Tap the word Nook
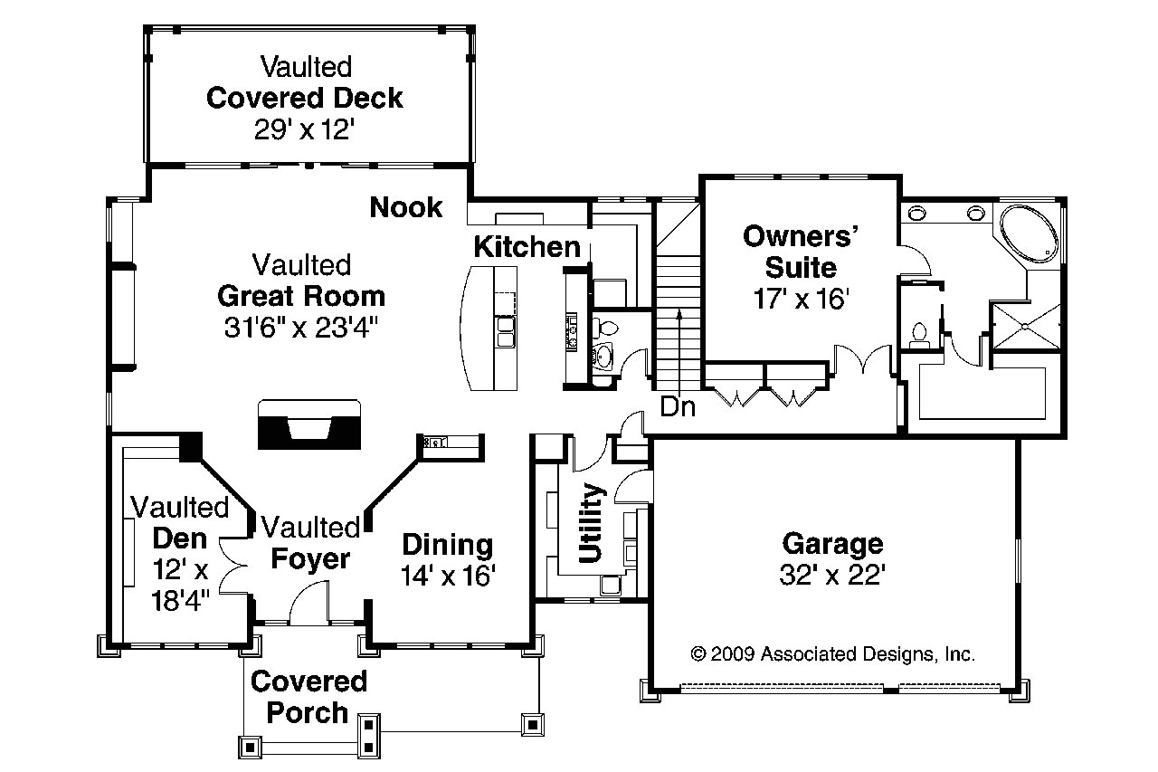pyautogui.click(x=406, y=207)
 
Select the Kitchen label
pyautogui.click(x=527, y=246)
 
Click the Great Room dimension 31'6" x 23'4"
pyautogui.click(x=300, y=327)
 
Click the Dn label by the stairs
pyautogui.click(x=678, y=407)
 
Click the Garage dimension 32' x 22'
pyautogui.click(x=831, y=575)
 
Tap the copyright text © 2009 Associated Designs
pyautogui.click(x=832, y=653)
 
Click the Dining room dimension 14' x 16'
pyautogui.click(x=448, y=576)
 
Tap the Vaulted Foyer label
pyautogui.click(x=310, y=543)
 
